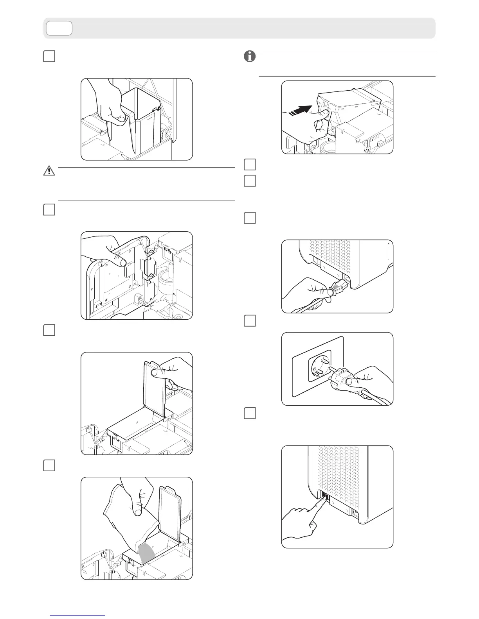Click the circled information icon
click(x=249, y=57)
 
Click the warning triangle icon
click(x=49, y=170)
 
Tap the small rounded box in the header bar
click(x=59, y=28)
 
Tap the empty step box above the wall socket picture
click(x=249, y=321)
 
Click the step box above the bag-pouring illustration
click(x=49, y=465)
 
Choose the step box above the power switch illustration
click(x=249, y=413)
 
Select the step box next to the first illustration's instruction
click(x=49, y=57)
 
